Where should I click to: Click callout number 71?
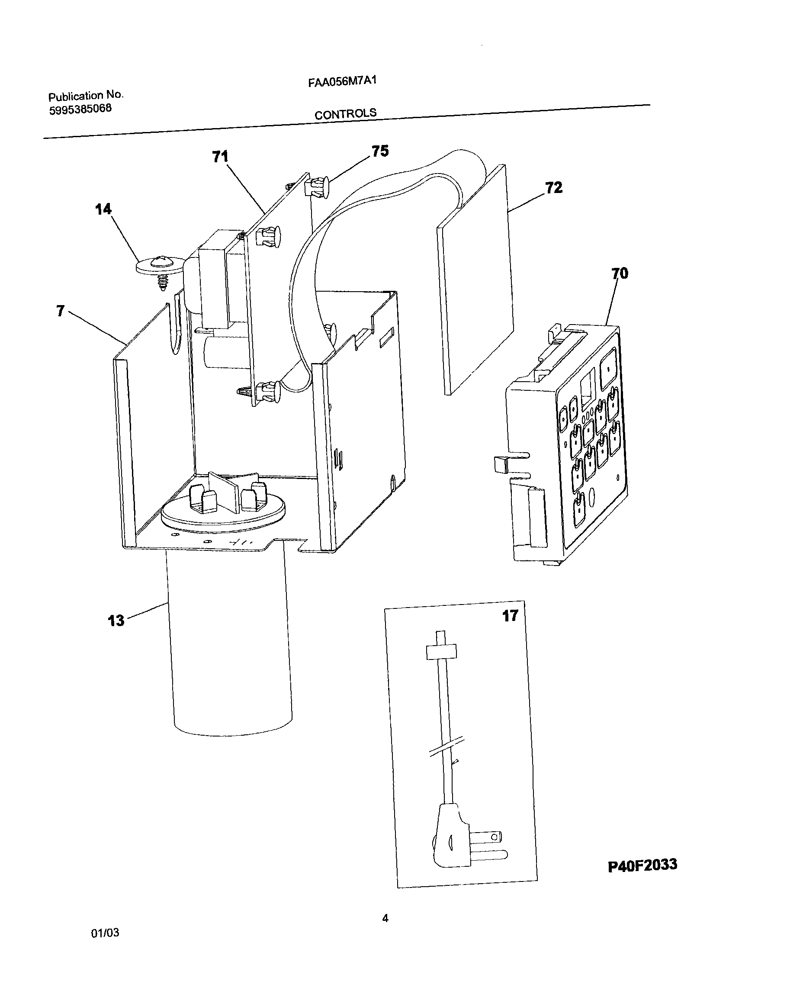(220, 157)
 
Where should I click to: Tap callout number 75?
(380, 151)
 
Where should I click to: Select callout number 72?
(554, 187)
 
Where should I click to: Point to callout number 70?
(620, 273)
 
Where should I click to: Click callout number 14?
(103, 209)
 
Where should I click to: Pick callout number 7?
(61, 311)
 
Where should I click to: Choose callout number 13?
(116, 621)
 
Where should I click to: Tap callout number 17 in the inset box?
(510, 616)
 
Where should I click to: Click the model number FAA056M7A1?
(342, 81)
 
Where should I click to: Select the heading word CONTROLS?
(345, 114)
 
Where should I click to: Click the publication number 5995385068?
(80, 109)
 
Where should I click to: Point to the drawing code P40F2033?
(642, 865)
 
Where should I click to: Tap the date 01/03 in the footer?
(105, 933)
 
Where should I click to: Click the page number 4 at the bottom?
(385, 918)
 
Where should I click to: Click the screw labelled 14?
(159, 268)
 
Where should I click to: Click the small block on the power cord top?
(441, 651)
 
